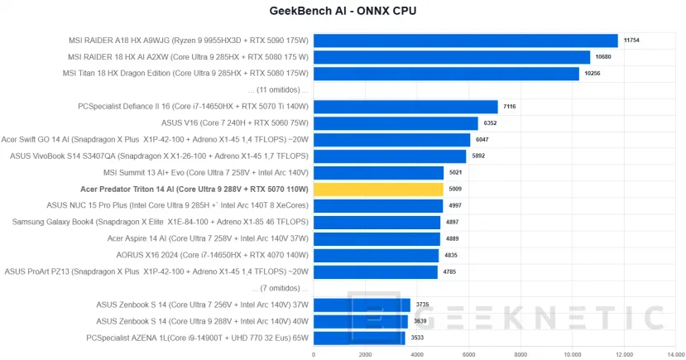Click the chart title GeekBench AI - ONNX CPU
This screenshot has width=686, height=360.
coord(343,12)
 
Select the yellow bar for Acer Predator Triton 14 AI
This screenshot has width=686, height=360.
coord(378,189)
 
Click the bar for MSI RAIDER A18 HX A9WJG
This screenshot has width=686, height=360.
coord(465,41)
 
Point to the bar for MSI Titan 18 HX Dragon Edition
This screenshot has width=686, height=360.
coord(446,73)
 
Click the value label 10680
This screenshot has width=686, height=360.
coord(603,57)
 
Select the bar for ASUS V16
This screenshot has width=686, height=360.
coord(396,122)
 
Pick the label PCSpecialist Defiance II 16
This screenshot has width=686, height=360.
coord(193,106)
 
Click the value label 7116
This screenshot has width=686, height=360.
coord(510,106)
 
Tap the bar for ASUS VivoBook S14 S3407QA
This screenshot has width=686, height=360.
coord(390,156)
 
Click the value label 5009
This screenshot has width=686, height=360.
coord(455,189)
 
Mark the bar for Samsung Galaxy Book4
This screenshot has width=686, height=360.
coord(377,222)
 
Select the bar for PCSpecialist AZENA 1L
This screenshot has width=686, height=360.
coord(359,338)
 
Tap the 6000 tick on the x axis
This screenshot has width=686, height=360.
coord(468,354)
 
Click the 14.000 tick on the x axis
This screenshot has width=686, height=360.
coord(675,354)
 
